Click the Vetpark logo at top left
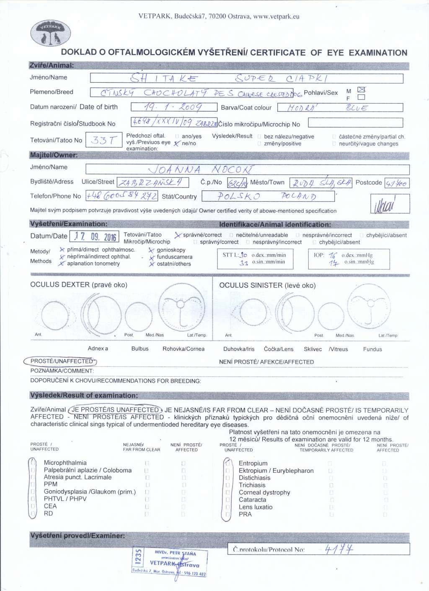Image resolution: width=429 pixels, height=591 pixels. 51,33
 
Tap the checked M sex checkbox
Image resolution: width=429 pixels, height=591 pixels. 361,90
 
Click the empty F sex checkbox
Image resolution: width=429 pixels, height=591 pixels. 361,97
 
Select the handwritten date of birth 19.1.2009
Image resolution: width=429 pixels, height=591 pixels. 173,107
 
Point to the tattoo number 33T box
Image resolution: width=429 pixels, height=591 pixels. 103,140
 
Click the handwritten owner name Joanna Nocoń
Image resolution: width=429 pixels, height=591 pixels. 201,169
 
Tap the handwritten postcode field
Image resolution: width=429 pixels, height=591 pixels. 396,183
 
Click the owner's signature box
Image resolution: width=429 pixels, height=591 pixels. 390,204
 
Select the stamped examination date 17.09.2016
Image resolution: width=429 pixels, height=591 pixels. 95,237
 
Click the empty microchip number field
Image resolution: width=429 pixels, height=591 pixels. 355,122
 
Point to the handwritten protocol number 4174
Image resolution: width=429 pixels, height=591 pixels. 339,549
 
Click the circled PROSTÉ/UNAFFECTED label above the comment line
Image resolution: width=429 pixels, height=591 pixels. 61,361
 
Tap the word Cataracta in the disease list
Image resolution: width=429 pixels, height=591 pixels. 252,500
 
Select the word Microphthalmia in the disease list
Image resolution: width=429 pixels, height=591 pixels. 65,463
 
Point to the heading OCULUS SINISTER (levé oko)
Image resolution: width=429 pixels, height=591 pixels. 267,285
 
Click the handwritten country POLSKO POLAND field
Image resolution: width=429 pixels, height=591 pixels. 268,196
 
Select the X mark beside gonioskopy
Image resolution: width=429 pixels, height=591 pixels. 151,250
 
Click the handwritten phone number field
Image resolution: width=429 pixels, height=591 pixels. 122,196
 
